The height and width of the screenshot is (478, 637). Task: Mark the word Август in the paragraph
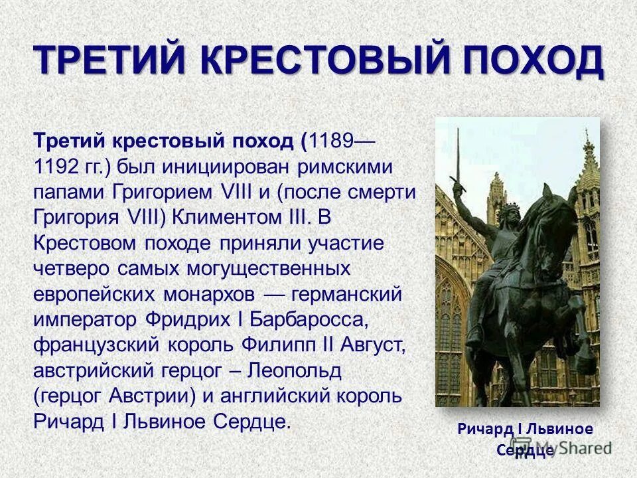369,345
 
